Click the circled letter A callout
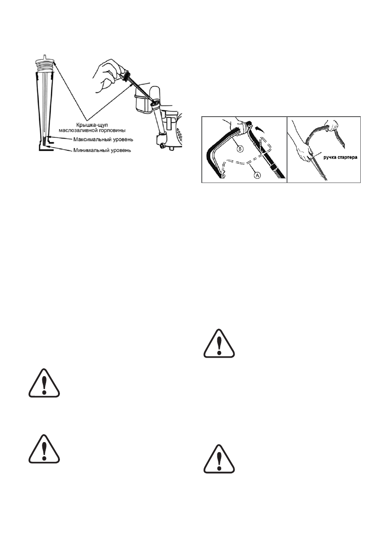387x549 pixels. (x=257, y=174)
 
